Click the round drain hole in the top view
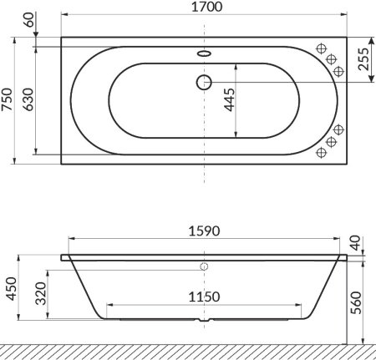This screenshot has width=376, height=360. (x=205, y=82)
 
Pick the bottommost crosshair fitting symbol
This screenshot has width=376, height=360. (x=322, y=154)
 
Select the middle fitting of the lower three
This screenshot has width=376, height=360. (x=331, y=142)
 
